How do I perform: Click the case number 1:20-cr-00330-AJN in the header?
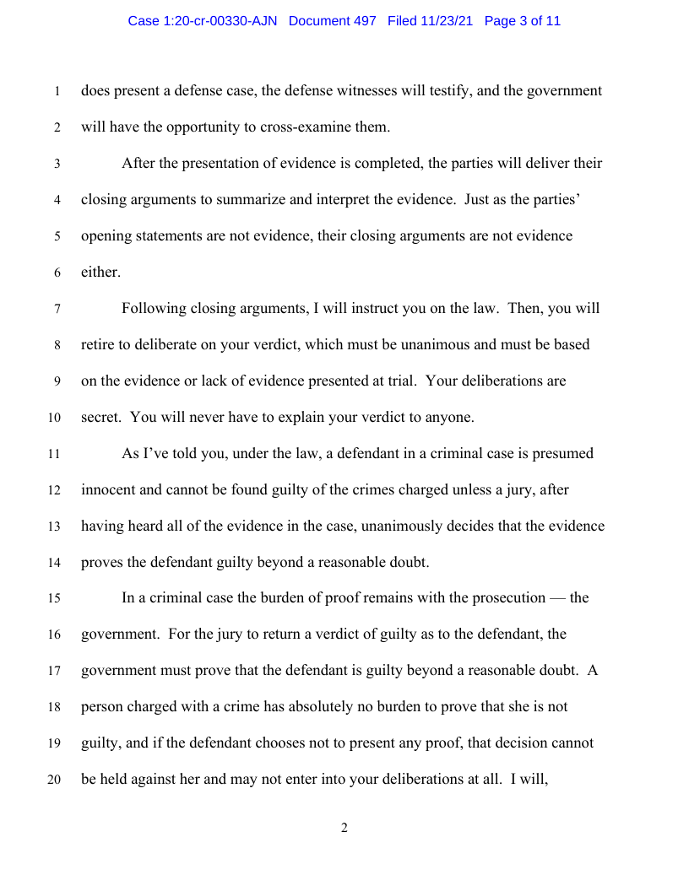[204, 21]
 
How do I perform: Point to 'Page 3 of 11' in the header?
[523, 21]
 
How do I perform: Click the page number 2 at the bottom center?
[344, 828]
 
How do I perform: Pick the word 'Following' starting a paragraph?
[151, 308]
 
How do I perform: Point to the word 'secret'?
[100, 417]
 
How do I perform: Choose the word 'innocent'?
[107, 489]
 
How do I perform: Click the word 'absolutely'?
[337, 706]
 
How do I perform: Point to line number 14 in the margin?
[55, 562]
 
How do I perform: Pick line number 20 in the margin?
[55, 780]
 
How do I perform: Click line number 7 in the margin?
[57, 309]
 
